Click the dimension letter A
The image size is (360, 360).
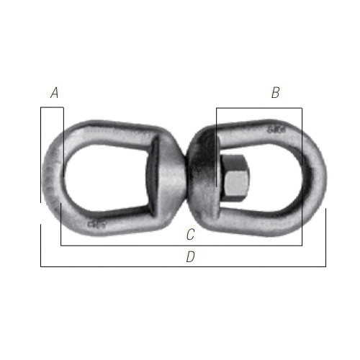point(55,93)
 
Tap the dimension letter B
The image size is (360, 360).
point(275,93)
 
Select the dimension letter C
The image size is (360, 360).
point(190,234)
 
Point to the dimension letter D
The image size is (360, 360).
point(190,256)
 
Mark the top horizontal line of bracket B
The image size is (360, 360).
point(259,109)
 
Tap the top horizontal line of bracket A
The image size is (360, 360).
point(52,108)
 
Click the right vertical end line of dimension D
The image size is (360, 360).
point(325,238)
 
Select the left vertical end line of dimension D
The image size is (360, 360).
point(40,245)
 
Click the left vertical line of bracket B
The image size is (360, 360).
point(216,148)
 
